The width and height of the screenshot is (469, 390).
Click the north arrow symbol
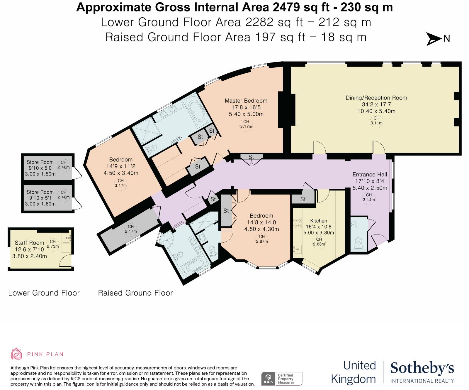coord(434,39)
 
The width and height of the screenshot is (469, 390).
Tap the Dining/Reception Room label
coord(376,98)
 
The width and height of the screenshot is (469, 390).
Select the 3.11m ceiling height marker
coord(376,121)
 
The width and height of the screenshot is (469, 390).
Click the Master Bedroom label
coord(246,101)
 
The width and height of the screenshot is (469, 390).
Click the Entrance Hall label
coord(370,174)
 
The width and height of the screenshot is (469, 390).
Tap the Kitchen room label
coord(319,221)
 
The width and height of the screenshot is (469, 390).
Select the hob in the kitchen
coord(298,223)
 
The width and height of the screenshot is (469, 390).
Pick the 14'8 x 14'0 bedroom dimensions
coord(261,222)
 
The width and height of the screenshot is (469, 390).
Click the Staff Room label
coord(29,243)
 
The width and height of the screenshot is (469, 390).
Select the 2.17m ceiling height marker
coord(131,229)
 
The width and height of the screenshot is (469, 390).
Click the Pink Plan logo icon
coord(16,354)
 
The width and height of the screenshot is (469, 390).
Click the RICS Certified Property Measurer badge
coord(282,379)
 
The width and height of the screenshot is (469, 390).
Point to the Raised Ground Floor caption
coord(135,293)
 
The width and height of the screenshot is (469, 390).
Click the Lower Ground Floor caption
coord(44,293)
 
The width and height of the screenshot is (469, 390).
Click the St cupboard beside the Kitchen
coord(303,199)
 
